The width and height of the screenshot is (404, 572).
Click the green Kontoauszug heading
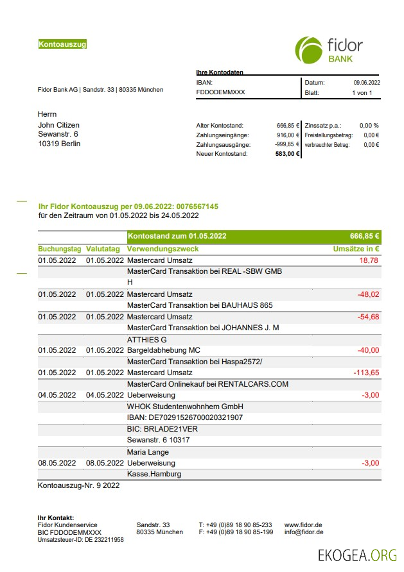click(x=62, y=44)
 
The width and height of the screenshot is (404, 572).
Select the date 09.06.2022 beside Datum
click(x=367, y=83)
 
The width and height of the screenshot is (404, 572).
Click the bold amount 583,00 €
click(x=288, y=154)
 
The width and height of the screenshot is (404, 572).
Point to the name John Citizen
click(x=59, y=124)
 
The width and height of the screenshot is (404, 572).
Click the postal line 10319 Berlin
click(x=60, y=144)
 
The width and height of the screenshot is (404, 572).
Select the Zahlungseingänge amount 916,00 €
click(x=288, y=135)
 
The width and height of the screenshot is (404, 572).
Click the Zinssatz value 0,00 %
click(x=369, y=126)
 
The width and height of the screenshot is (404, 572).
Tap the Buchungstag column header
click(x=60, y=249)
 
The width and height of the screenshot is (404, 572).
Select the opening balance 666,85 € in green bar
click(x=364, y=235)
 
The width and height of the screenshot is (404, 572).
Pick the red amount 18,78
click(x=369, y=260)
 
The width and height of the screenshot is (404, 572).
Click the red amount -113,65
click(x=366, y=373)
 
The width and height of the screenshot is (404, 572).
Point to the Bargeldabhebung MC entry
click(x=164, y=350)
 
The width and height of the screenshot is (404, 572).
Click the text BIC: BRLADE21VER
click(x=162, y=429)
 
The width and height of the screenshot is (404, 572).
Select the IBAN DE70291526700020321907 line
click(x=185, y=417)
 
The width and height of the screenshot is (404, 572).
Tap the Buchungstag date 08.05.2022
click(x=57, y=462)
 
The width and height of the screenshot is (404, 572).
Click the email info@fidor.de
click(x=304, y=532)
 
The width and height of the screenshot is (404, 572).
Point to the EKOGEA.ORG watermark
click(x=357, y=555)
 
